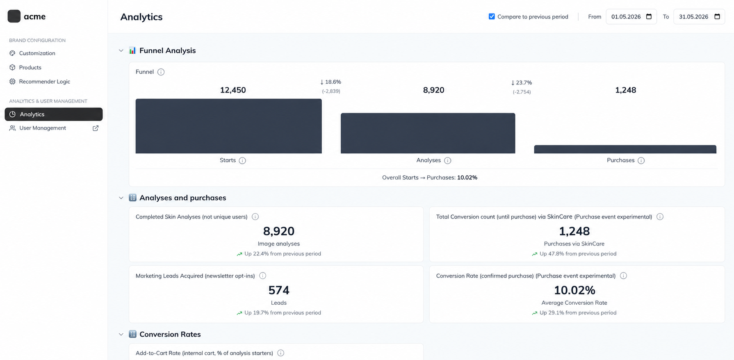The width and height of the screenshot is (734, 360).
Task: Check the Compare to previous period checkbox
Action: coord(492,16)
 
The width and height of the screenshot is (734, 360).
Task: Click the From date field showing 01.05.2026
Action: coord(631,16)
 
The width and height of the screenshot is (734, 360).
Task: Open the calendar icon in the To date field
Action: coord(717,16)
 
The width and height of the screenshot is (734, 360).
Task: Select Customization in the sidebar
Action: coord(37,53)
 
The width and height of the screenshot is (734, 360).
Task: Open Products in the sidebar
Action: coord(30,67)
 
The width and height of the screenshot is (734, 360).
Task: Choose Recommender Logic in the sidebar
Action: coord(44,82)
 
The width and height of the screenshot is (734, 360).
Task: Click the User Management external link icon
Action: coord(96,128)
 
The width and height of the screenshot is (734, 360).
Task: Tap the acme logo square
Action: coord(14,16)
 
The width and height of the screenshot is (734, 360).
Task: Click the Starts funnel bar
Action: coord(228,126)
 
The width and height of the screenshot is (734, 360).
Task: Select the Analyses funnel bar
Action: coord(428,133)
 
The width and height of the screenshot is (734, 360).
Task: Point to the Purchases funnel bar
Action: coord(625,149)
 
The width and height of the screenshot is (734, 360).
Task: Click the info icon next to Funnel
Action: coord(161,72)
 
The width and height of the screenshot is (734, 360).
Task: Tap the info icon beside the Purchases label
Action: coord(641,160)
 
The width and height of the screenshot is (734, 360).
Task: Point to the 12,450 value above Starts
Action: coord(233,90)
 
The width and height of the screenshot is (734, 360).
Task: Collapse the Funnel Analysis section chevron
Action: coord(121,50)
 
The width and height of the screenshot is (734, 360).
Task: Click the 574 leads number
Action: coord(279,290)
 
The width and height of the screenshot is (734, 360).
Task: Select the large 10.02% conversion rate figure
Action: coord(574,290)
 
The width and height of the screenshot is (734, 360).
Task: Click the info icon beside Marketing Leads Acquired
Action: coord(262,276)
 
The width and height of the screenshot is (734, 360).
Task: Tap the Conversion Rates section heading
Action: coord(170,334)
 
